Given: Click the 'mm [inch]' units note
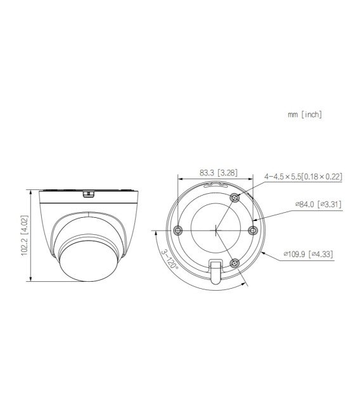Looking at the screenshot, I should (x=305, y=115).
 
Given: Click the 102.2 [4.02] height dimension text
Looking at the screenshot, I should (x=23, y=235).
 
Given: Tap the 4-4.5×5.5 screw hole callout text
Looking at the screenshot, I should (x=303, y=177).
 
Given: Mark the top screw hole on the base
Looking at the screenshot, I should (x=235, y=198).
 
